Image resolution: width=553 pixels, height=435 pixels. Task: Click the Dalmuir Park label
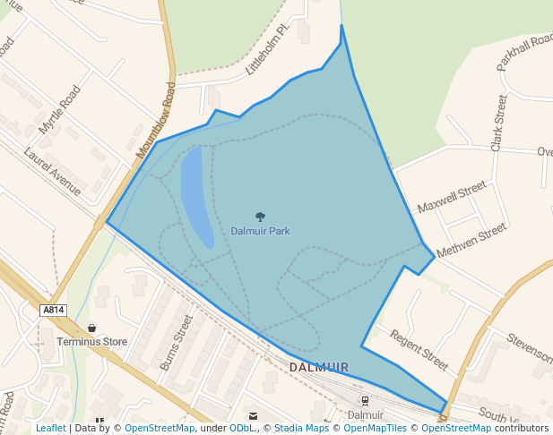(260, 231)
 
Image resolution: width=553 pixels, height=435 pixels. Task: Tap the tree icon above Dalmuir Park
(260, 217)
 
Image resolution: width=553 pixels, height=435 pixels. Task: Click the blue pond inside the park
(195, 195)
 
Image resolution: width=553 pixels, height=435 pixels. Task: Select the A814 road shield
(54, 310)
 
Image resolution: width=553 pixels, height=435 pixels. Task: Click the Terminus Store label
(91, 342)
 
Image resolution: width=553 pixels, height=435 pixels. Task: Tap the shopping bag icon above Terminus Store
(91, 328)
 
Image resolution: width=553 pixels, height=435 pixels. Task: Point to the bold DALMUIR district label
(319, 368)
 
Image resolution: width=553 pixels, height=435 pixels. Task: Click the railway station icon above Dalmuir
(365, 400)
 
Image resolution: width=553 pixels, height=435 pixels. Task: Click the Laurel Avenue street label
(53, 172)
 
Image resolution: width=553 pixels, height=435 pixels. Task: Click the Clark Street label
(498, 124)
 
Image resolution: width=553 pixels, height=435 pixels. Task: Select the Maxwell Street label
(452, 197)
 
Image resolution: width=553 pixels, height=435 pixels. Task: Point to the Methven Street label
(471, 240)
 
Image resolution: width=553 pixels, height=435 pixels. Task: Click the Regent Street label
(419, 349)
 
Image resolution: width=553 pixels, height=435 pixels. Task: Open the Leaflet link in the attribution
(50, 429)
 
